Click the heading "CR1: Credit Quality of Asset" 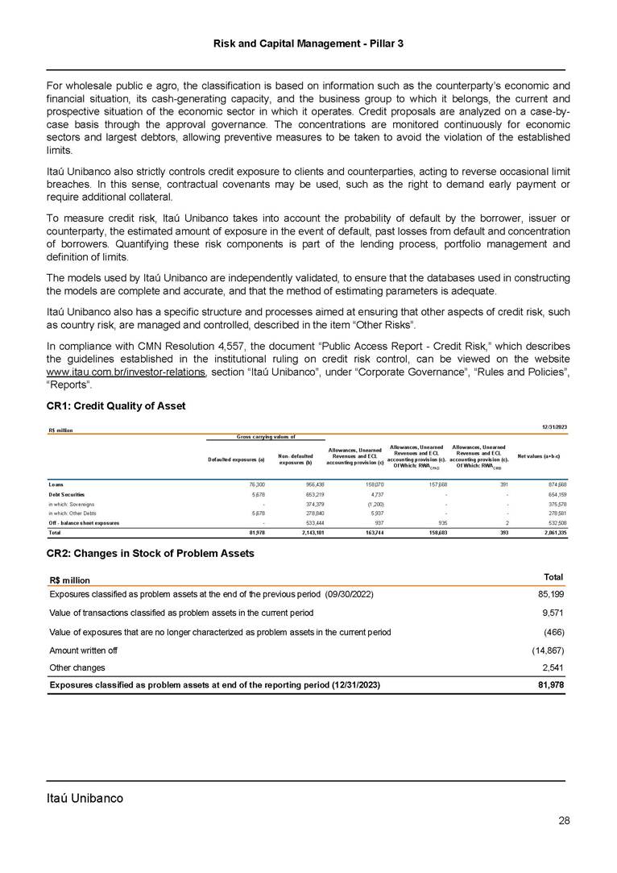[116, 405]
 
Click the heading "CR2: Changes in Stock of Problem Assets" [151, 553]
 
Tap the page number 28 [564, 821]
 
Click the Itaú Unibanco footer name [85, 798]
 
